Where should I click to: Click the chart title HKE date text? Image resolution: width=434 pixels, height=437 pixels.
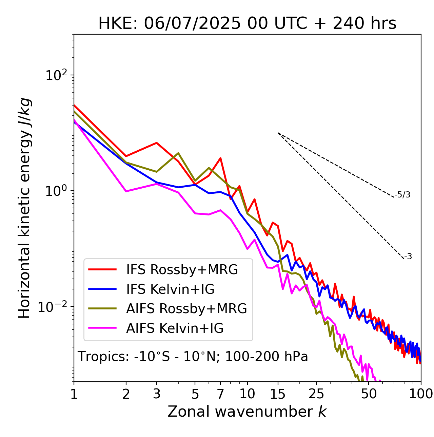[247, 24]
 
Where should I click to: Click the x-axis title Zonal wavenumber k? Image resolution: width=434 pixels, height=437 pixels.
[247, 412]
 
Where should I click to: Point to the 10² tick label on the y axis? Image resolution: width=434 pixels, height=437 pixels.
[56, 75]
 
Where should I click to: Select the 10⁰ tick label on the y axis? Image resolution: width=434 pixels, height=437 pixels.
[56, 191]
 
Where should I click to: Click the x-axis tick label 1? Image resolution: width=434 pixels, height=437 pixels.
[74, 394]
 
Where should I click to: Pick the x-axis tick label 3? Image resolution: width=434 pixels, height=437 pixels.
[157, 394]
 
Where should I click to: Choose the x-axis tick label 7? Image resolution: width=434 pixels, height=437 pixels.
[220, 394]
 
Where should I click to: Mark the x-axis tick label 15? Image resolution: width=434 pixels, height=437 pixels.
[278, 394]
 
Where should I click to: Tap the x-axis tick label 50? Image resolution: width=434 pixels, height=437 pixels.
[369, 394]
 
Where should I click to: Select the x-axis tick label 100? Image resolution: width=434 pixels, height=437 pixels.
[421, 394]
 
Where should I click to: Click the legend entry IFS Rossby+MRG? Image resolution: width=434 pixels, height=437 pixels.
[182, 269]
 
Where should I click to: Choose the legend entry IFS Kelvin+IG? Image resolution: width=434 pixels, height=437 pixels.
[170, 289]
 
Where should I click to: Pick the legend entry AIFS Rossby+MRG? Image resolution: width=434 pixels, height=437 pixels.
[186, 309]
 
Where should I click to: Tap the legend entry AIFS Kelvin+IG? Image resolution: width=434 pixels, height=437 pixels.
[175, 328]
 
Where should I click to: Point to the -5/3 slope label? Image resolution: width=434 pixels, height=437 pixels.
[403, 195]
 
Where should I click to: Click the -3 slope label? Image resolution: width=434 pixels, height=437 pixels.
[408, 256]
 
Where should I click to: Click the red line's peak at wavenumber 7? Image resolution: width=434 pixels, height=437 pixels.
[220, 158]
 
